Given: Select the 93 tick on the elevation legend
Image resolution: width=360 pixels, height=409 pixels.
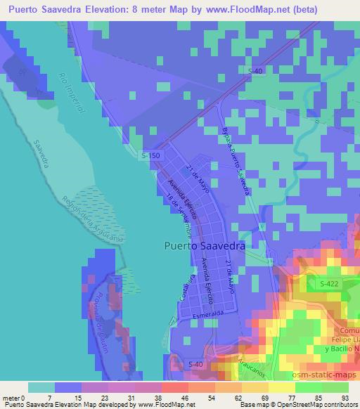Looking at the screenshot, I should coord(345,398).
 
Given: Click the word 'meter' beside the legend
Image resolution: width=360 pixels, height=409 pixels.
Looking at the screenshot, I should coord(8,398).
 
